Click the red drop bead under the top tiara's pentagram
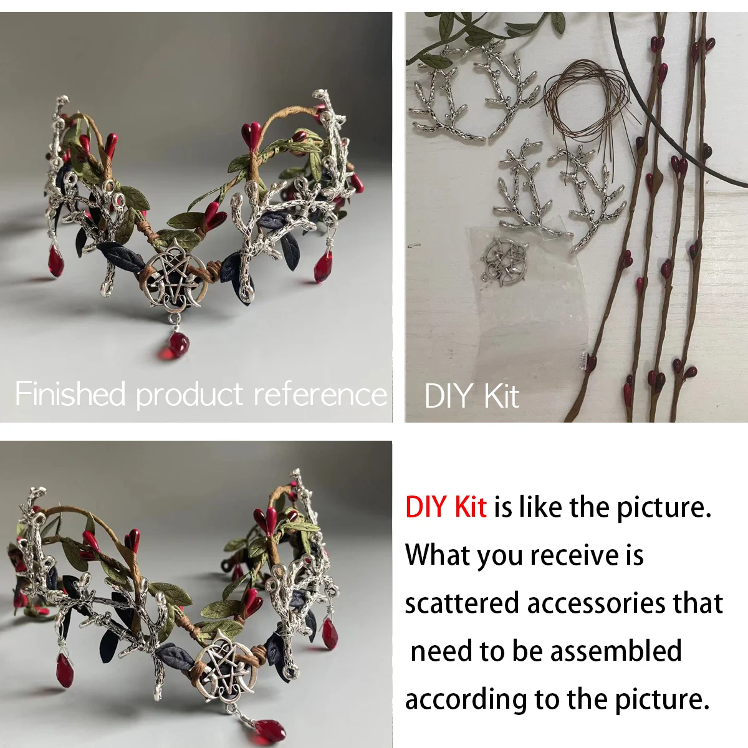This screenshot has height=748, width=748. [x=175, y=345]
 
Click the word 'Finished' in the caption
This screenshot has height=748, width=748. [x=70, y=393]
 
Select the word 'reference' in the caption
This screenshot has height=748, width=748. [x=320, y=394]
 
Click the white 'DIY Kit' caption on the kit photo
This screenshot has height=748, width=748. [x=472, y=396]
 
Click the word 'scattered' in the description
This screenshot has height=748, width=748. [x=463, y=603]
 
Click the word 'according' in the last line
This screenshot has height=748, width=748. [x=466, y=701]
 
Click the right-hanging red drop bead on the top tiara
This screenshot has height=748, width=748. [x=324, y=266]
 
